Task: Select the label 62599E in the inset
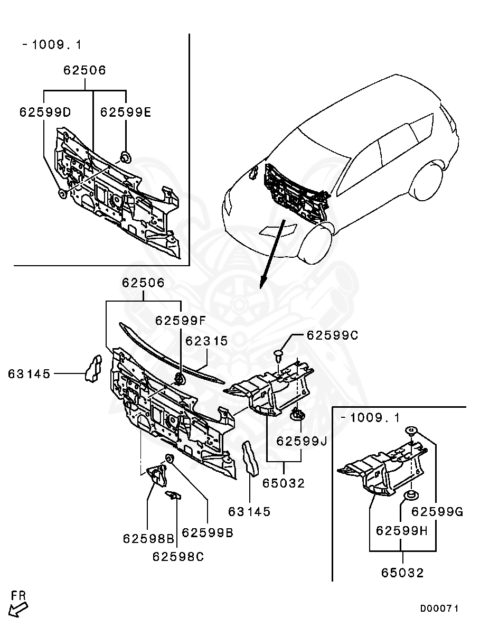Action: click(126, 112)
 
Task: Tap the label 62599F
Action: click(181, 321)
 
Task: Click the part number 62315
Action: click(206, 341)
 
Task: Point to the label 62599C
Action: click(332, 335)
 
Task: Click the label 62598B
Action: click(148, 538)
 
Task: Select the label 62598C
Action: click(178, 556)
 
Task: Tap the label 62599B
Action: click(208, 533)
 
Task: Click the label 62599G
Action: click(437, 511)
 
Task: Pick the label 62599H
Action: click(401, 530)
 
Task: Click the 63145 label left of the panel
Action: click(29, 374)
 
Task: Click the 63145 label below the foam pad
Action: click(249, 511)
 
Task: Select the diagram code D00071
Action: click(439, 609)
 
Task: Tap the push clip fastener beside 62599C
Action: click(280, 353)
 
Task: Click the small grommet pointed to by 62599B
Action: click(170, 457)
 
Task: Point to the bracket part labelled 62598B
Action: click(156, 473)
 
